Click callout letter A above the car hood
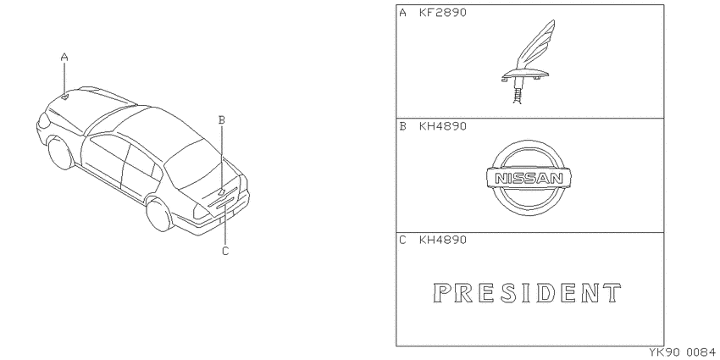(x=64, y=58)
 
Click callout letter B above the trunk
(x=221, y=120)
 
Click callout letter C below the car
(x=225, y=252)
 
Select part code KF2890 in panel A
(x=443, y=13)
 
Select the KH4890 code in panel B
(x=443, y=126)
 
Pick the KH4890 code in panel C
(x=443, y=240)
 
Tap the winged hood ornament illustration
(x=526, y=62)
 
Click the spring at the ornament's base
(x=517, y=96)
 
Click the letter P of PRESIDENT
(x=441, y=293)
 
